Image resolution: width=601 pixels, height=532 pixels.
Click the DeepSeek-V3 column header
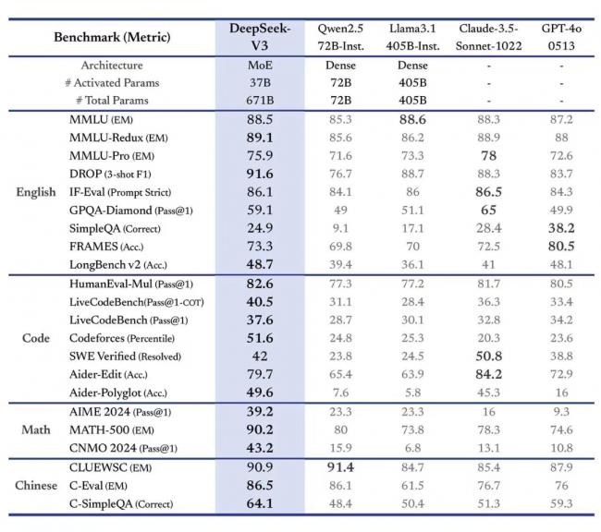click(260, 36)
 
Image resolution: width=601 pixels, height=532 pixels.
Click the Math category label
click(36, 429)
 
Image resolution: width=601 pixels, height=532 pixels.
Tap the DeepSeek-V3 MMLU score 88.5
click(260, 120)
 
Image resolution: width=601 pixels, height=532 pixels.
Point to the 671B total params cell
click(260, 100)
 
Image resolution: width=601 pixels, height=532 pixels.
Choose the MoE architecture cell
click(260, 66)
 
